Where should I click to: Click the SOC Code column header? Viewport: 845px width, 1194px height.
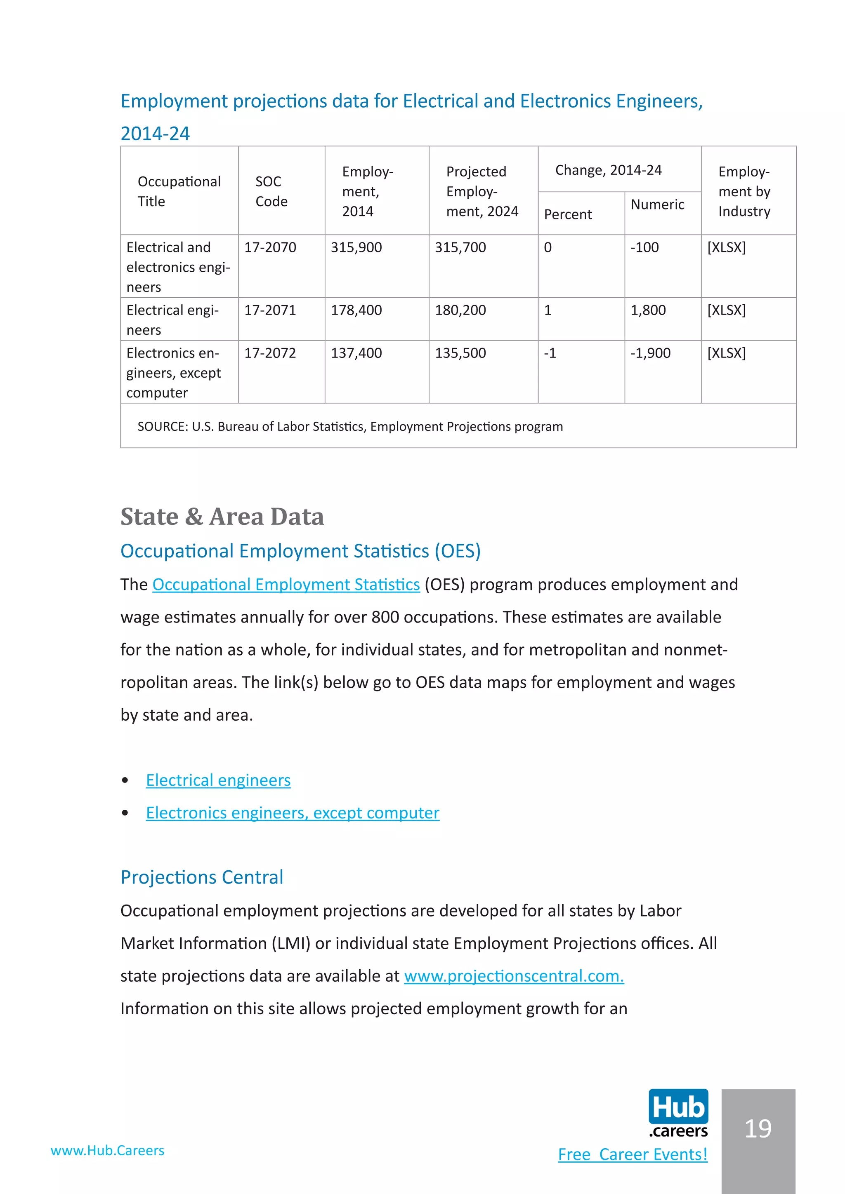(x=271, y=191)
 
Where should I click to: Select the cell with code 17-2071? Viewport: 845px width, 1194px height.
(x=270, y=310)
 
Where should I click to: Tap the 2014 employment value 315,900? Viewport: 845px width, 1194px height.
(x=356, y=247)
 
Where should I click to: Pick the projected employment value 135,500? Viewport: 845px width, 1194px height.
(x=460, y=353)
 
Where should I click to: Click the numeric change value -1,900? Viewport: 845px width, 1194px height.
(x=650, y=353)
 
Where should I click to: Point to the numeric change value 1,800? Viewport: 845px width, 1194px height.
(x=648, y=310)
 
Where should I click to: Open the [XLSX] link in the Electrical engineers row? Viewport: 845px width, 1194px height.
(x=726, y=310)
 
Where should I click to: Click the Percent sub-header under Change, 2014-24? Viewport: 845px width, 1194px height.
(x=568, y=215)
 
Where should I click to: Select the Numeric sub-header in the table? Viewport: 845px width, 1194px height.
(x=657, y=205)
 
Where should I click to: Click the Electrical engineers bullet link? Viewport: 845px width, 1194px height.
(x=218, y=780)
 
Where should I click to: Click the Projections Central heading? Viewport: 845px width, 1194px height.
(x=202, y=878)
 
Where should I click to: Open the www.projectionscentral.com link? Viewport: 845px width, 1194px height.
(x=514, y=977)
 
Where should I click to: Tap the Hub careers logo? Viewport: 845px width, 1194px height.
(x=678, y=1113)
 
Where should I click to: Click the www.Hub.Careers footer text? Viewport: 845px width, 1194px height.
(x=108, y=1151)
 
